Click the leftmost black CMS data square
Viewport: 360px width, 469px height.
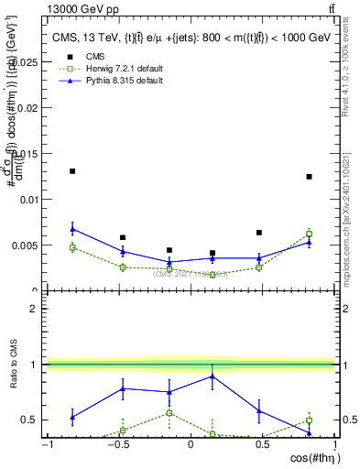[x=72, y=171]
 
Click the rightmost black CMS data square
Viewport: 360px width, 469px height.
[x=309, y=177]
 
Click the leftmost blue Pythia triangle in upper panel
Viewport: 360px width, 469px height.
[x=72, y=229]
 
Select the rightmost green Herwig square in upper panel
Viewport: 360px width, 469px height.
[x=309, y=234]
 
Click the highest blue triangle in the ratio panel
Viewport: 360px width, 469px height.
[x=213, y=376]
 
